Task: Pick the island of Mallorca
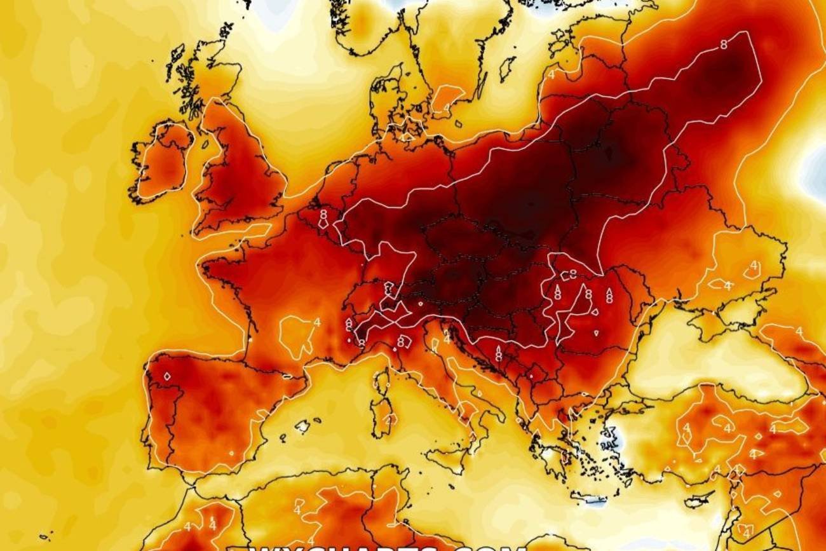[x=302, y=425]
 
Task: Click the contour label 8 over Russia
[x=723, y=44]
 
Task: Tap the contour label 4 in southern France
[x=316, y=322]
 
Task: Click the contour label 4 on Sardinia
[x=388, y=419]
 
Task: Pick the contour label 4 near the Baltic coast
[x=551, y=74]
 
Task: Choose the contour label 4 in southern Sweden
[x=447, y=106]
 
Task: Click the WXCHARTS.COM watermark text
[x=388, y=547]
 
